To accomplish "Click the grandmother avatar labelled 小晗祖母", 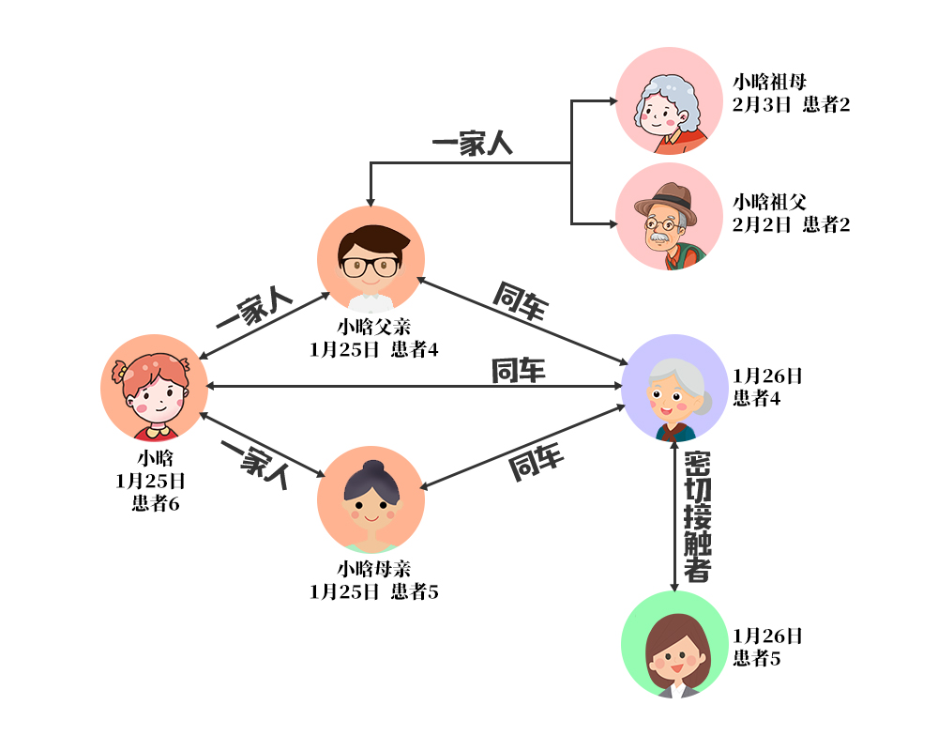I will tap(669, 100).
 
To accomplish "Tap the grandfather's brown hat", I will tap(665, 199).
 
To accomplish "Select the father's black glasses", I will tap(370, 266).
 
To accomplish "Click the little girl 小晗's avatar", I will tap(154, 388).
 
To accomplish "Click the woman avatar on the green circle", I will tap(674, 644).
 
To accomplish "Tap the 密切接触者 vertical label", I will tap(697, 516).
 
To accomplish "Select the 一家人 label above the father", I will tap(472, 145).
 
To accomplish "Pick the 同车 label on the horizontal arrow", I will tap(518, 371).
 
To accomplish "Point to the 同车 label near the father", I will tap(521, 301).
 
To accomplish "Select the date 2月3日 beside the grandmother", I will tap(762, 104).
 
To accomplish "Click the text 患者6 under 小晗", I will tap(155, 503).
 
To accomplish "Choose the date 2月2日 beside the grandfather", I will tap(762, 224).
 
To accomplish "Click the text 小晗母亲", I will tap(374, 569).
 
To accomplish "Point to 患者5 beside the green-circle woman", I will tap(756, 658).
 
